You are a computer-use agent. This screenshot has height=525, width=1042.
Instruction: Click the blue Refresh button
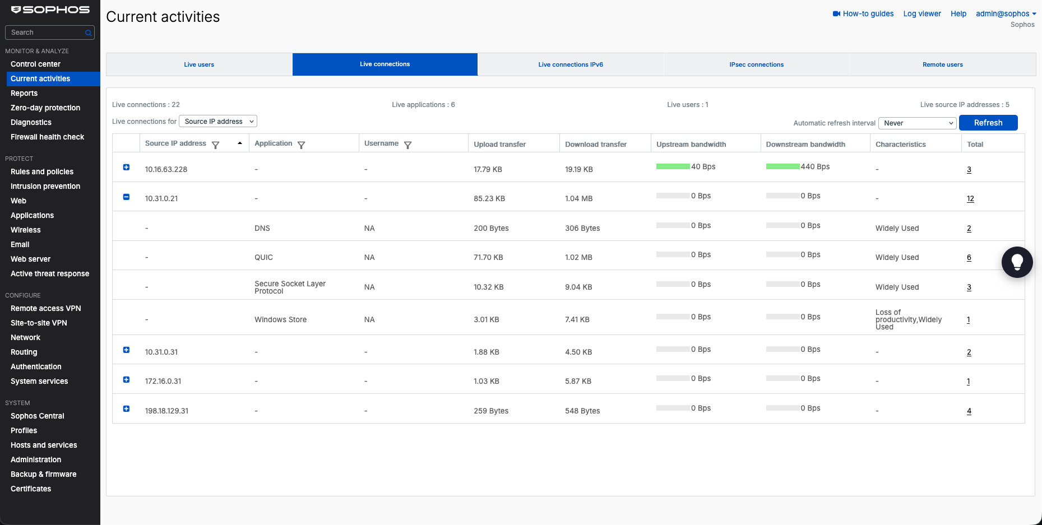(988, 123)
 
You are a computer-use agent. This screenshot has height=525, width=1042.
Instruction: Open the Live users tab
(199, 64)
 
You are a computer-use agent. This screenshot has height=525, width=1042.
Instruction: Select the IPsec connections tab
(756, 64)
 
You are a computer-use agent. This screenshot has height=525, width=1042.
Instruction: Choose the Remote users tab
(942, 64)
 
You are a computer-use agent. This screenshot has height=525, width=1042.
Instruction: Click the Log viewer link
(922, 13)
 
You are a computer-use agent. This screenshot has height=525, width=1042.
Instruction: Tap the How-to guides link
(863, 13)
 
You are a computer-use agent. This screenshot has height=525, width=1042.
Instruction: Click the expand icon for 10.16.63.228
(126, 167)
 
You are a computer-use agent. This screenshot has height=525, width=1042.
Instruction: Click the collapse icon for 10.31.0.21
(126, 197)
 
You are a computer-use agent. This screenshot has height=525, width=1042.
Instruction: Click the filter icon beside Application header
(301, 145)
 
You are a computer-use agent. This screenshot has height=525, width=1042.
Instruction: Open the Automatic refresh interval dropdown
(917, 123)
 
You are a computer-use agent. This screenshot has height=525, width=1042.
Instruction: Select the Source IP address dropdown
(218, 122)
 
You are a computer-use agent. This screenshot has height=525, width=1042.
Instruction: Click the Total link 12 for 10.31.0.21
(970, 199)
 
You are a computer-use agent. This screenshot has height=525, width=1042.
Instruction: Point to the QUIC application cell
(263, 258)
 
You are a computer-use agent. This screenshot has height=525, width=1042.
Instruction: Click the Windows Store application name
(280, 320)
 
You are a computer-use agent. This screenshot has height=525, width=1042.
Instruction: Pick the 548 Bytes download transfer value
(582, 411)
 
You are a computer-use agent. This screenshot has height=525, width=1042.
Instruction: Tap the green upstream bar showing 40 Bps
(673, 166)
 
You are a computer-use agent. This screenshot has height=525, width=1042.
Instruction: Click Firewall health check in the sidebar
(47, 137)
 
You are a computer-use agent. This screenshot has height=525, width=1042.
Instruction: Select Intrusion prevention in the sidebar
(45, 186)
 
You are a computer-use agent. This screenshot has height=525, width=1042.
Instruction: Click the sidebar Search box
(49, 32)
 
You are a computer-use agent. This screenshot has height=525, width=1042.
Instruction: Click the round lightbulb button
(1017, 262)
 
